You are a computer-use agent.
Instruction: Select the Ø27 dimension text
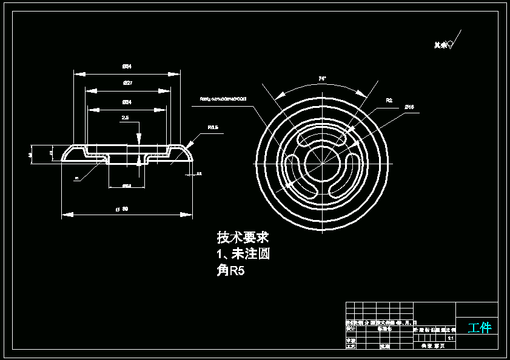click(x=127, y=82)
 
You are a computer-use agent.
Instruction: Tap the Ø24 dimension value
click(x=127, y=102)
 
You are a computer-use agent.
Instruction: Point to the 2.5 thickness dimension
click(x=125, y=118)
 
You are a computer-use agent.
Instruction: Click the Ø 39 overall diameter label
click(x=122, y=209)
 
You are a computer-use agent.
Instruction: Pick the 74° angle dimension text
click(x=322, y=79)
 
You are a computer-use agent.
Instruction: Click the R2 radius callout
click(x=389, y=100)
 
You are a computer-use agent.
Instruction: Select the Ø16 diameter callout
click(x=409, y=107)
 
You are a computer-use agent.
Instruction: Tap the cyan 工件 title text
click(x=479, y=328)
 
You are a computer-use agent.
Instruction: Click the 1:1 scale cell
click(x=451, y=338)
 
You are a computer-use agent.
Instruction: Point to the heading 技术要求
click(x=243, y=237)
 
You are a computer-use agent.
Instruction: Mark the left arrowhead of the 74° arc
click(x=277, y=97)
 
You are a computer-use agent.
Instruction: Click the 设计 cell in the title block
click(x=351, y=328)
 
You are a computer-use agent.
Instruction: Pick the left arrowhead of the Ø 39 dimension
click(x=64, y=214)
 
